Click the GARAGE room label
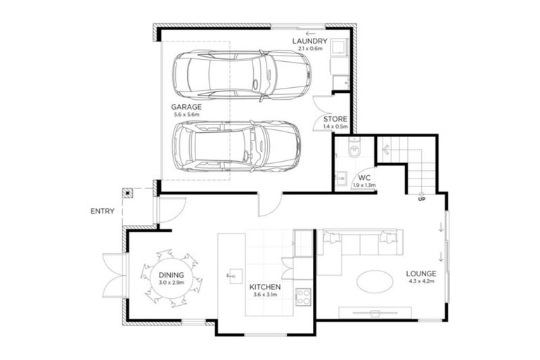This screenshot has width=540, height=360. [x=186, y=107]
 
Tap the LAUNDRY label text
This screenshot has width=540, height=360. [x=307, y=41]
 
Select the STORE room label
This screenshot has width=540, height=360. [x=335, y=120]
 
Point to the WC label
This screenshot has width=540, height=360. [x=364, y=177]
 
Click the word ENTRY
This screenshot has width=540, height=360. [x=103, y=211]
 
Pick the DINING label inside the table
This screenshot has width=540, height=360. [x=171, y=275]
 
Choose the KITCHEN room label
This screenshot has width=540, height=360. [x=265, y=288]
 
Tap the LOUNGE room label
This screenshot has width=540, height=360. [x=421, y=274]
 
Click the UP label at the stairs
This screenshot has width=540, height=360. [x=421, y=200]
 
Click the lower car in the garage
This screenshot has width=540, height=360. [x=236, y=146]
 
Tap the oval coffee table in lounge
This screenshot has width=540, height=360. [x=376, y=281]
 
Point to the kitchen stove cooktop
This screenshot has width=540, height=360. [x=303, y=295]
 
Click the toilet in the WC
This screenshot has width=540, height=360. [x=354, y=150]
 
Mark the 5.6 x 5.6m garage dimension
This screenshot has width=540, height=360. [x=186, y=115]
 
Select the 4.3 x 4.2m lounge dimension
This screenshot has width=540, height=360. [x=421, y=281]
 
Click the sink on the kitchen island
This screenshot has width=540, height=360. [x=232, y=275]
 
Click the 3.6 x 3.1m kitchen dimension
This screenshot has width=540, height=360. [x=265, y=296]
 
